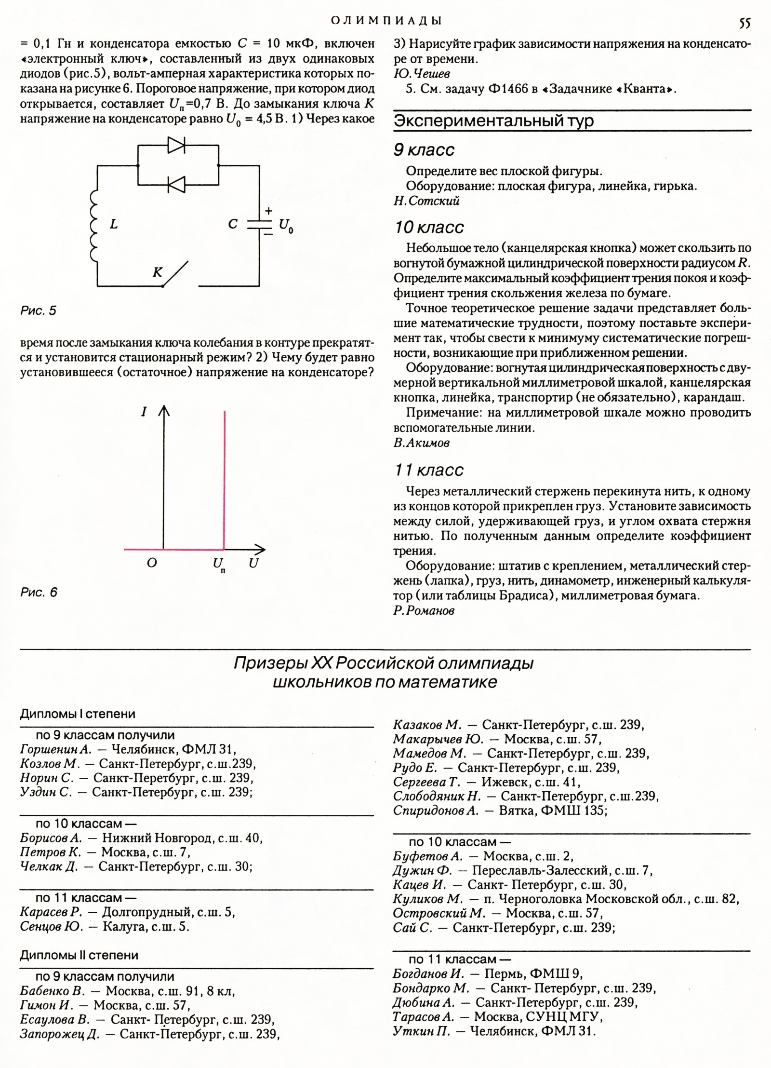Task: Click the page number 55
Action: tap(744, 23)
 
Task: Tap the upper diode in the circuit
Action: tap(177, 145)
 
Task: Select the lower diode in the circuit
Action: tap(177, 184)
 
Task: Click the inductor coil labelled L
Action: tap(94, 225)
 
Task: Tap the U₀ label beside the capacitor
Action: tap(286, 226)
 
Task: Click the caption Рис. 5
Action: tap(39, 311)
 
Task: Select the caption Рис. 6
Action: tap(39, 592)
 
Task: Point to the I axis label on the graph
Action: tap(144, 412)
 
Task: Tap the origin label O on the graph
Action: tap(152, 563)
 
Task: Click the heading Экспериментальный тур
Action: tap(493, 121)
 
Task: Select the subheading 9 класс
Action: tap(424, 150)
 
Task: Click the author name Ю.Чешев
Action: tap(422, 74)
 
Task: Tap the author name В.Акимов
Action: tap(422, 443)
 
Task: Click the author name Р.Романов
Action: tap(424, 610)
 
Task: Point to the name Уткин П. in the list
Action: tap(422, 1031)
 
